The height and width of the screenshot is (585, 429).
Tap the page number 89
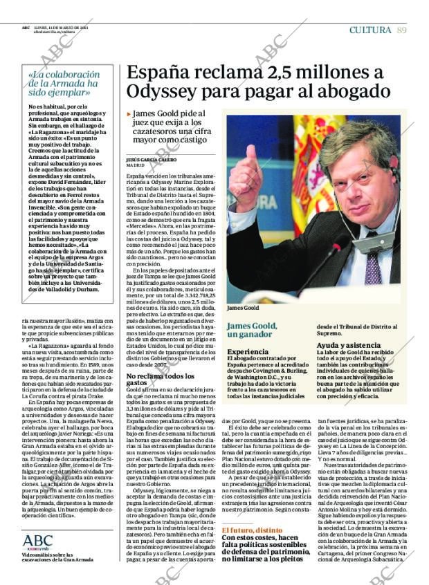(402, 29)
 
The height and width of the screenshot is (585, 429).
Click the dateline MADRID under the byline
(135, 166)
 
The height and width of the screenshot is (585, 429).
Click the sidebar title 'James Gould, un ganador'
(253, 329)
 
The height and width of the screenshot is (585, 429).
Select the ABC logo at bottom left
(37, 541)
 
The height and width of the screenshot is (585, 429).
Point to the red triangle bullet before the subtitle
(129, 113)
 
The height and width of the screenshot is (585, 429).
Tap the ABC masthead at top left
(25, 28)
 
